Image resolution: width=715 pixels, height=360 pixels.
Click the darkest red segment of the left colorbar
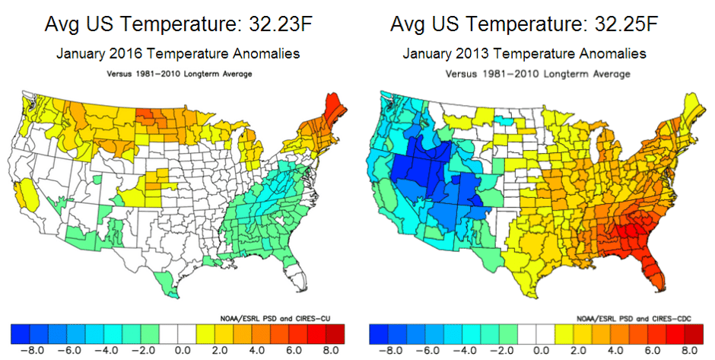[335, 333]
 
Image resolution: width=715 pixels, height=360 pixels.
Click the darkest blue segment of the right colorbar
[377, 333]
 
